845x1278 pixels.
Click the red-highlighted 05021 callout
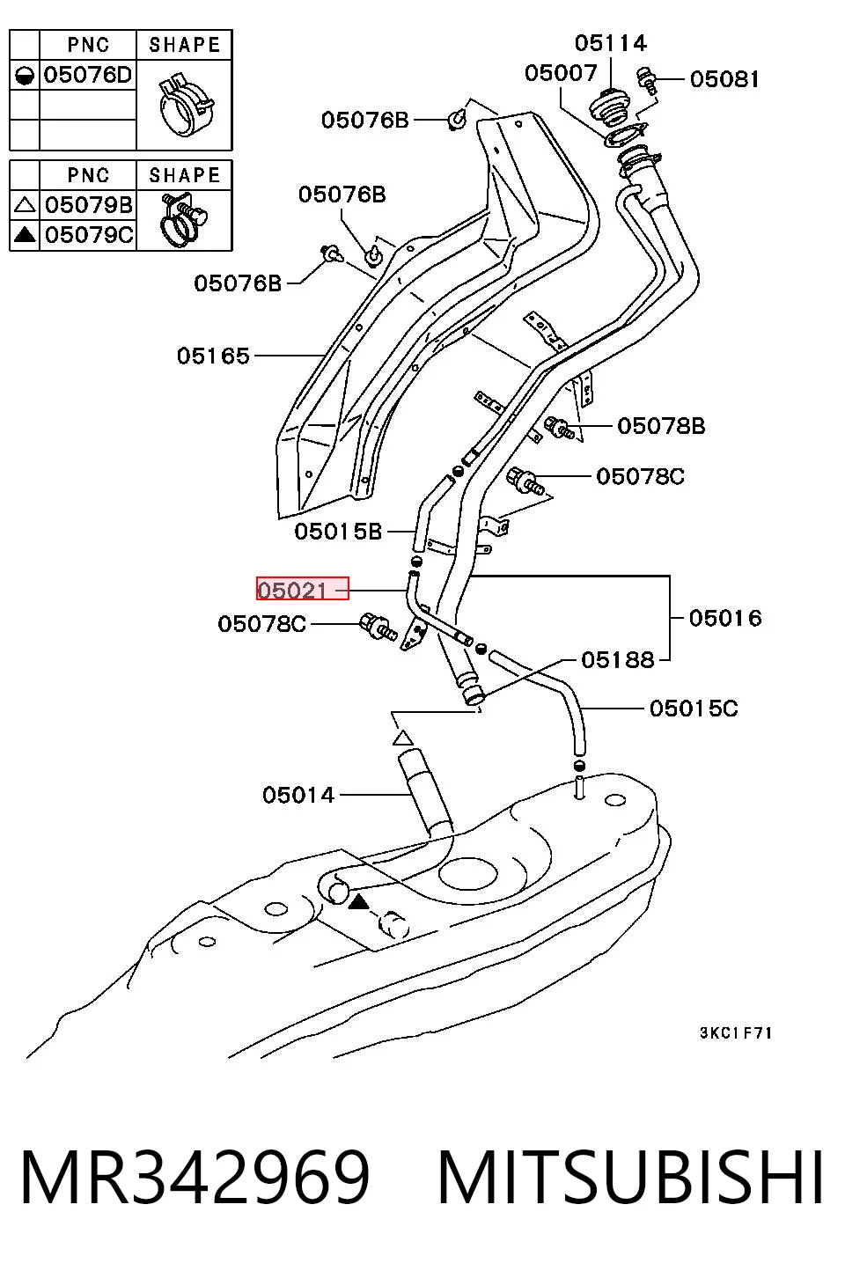click(x=303, y=589)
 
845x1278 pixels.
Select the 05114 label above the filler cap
click(x=611, y=43)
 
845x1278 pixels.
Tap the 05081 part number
click(x=724, y=79)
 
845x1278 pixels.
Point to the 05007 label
click(x=561, y=73)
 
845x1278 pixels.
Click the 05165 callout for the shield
click(x=213, y=356)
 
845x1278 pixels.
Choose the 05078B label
click(x=661, y=426)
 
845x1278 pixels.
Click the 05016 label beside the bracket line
click(x=725, y=618)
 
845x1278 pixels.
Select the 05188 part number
click(x=618, y=660)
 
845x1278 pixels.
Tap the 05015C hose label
click(x=694, y=709)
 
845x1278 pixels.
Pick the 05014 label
click(x=298, y=795)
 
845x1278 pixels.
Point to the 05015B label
click(x=338, y=532)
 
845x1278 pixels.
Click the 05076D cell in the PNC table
click(x=88, y=75)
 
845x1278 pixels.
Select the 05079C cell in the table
click(x=89, y=234)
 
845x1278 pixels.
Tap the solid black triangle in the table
click(x=25, y=234)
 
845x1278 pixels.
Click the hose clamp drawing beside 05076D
click(x=186, y=105)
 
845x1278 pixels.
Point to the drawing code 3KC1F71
click(x=736, y=1033)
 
